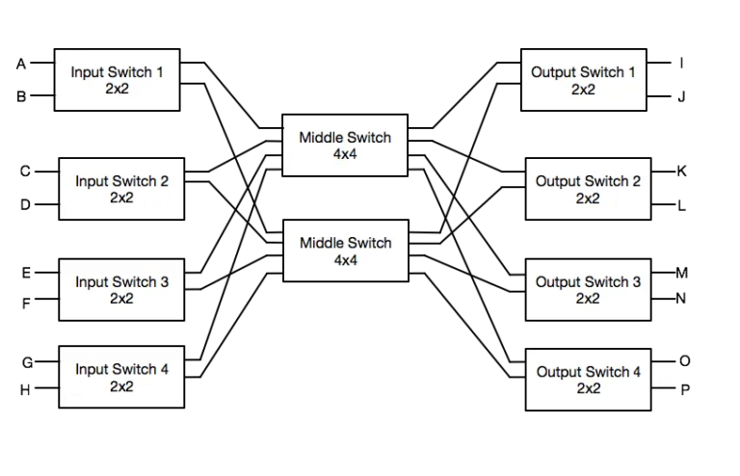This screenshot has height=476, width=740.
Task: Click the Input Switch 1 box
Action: click(x=117, y=79)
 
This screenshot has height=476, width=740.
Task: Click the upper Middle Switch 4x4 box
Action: click(x=345, y=145)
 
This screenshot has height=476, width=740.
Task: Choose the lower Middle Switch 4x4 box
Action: click(x=345, y=251)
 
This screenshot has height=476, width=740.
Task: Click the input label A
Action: click(x=21, y=65)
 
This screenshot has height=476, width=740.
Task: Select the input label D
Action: click(x=26, y=204)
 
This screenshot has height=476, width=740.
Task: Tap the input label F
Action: click(x=26, y=303)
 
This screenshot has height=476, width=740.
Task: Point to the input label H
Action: click(x=26, y=390)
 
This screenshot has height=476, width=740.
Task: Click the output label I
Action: click(x=681, y=64)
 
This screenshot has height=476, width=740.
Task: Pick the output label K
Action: click(x=682, y=172)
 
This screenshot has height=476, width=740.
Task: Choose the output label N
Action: click(x=681, y=298)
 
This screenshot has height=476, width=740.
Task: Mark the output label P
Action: click(x=685, y=390)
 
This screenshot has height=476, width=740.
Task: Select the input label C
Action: click(x=26, y=172)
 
